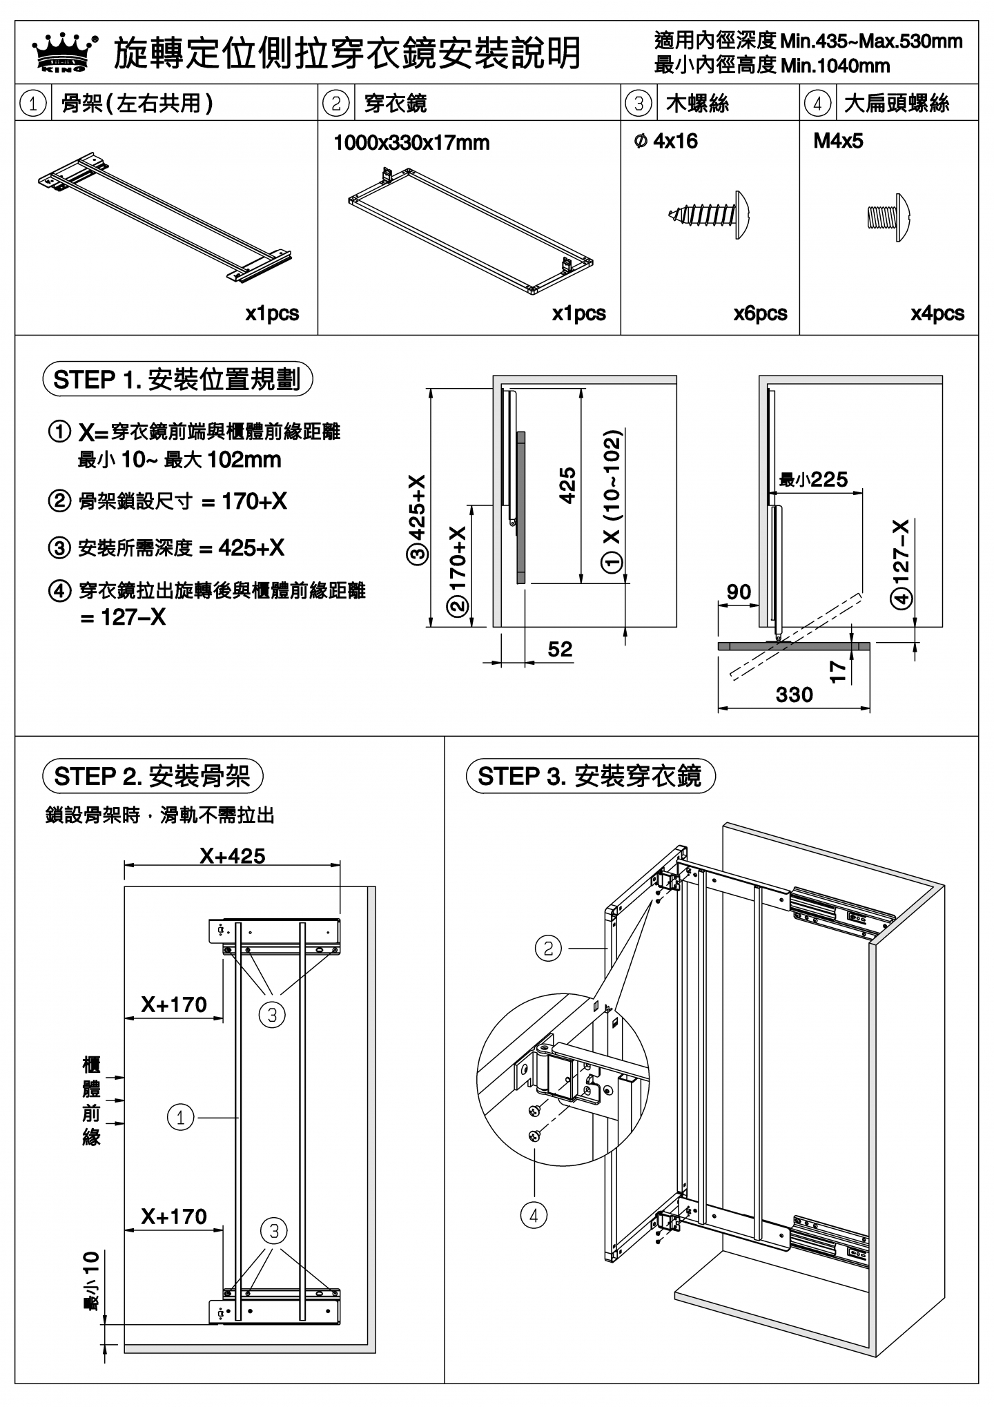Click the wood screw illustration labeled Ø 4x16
pos(710,215)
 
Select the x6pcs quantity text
pos(760,313)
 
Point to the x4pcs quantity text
pos(937,313)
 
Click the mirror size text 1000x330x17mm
pos(411,143)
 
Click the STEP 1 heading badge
pos(177,380)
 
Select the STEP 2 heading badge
pos(153,776)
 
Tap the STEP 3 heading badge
pos(590,776)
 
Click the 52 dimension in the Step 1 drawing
pos(560,649)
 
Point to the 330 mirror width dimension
pos(794,695)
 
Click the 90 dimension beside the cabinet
pos(739,592)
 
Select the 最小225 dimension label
pos(813,479)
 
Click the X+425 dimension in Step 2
pos(233,856)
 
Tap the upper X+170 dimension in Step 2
pos(174,1005)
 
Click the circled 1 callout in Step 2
pos(181,1117)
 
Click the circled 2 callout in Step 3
pos(548,948)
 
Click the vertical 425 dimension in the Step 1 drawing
pos(567,485)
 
